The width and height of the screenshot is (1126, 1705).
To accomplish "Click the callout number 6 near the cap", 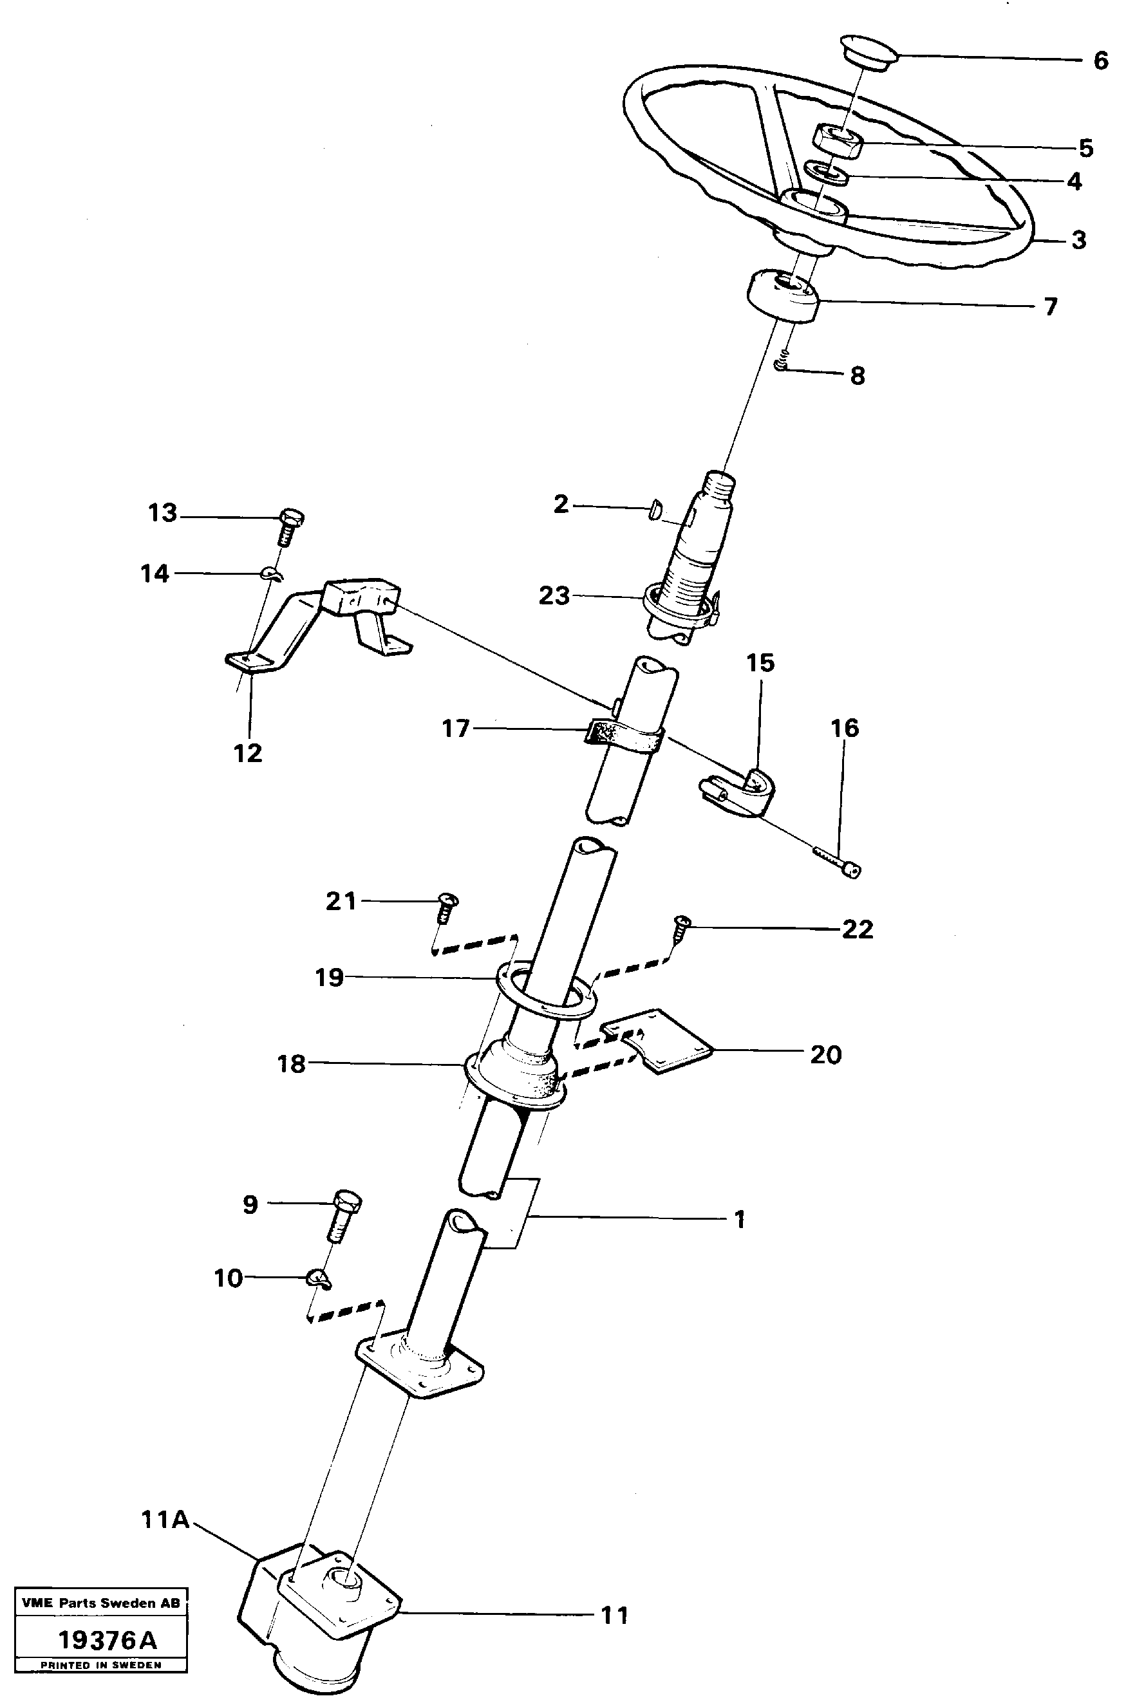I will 1100,61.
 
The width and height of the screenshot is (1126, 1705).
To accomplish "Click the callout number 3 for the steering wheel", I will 1078,240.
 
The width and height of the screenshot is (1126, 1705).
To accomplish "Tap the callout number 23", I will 554,595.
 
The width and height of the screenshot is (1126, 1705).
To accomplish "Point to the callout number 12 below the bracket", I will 248,753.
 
